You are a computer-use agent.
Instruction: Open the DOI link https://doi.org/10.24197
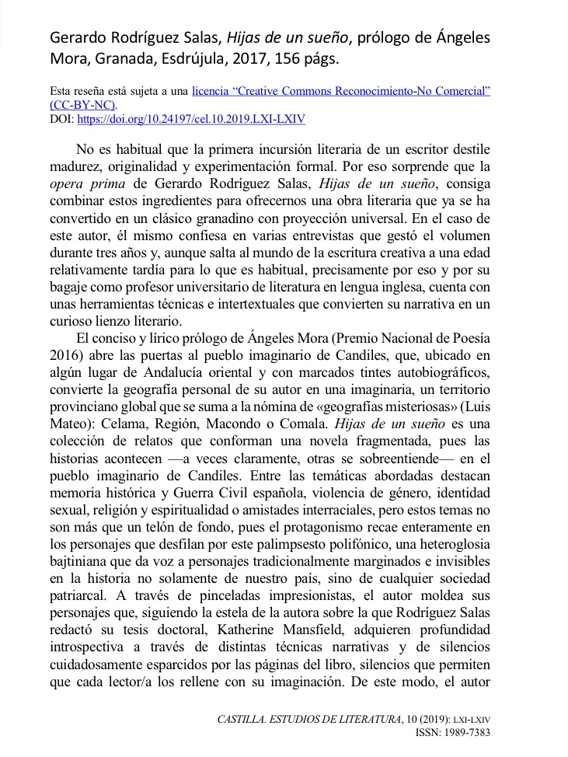(190, 119)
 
